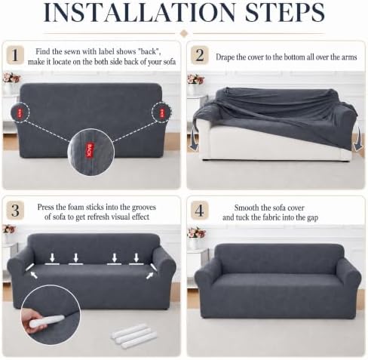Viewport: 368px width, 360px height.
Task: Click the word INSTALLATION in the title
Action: tap(140, 12)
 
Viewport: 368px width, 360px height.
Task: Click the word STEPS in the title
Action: tap(284, 12)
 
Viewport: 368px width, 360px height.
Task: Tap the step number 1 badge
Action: tap(15, 55)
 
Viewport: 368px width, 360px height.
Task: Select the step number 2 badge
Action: tap(200, 55)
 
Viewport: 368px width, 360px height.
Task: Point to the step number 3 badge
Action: tap(15, 210)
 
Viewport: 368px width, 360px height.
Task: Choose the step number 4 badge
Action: tap(200, 210)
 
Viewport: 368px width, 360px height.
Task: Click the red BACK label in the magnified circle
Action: tap(90, 150)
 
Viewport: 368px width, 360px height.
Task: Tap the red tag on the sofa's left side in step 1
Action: tap(20, 112)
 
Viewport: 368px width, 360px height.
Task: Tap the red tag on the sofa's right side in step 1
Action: tap(162, 112)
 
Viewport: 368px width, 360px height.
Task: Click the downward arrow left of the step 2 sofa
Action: tap(193, 138)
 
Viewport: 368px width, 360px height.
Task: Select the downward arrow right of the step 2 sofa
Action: tap(357, 139)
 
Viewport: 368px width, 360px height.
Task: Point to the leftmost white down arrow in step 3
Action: tap(52, 257)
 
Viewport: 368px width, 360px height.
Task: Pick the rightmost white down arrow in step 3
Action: tap(136, 257)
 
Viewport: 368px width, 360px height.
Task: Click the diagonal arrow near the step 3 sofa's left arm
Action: tap(34, 275)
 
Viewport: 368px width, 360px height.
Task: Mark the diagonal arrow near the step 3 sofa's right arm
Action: tap(149, 275)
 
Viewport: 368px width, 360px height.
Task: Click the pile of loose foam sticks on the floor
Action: tap(134, 336)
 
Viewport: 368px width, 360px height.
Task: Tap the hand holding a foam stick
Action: tap(32, 321)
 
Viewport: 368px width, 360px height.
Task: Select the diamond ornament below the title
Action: tap(184, 33)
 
